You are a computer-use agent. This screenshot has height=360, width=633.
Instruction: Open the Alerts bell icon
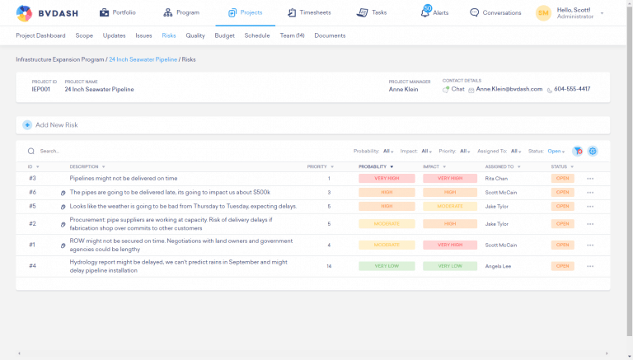(425, 12)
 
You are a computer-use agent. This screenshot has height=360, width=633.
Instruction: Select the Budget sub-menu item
(224, 35)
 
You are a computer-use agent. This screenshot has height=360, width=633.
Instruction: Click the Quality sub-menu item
(195, 35)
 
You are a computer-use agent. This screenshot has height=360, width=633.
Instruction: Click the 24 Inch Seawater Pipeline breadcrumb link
(143, 59)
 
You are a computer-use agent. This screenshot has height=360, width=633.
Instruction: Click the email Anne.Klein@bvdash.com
(509, 89)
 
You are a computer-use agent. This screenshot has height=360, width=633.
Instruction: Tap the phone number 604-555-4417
(571, 89)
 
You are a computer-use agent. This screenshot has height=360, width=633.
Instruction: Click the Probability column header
(373, 166)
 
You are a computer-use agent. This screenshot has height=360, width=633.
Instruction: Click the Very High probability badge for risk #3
(387, 178)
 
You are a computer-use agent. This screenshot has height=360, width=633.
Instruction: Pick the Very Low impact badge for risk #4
(450, 266)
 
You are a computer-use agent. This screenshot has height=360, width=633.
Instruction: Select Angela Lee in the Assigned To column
(498, 266)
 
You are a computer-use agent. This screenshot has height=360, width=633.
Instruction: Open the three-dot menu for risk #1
(590, 245)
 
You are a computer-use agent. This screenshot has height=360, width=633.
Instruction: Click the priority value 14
(329, 266)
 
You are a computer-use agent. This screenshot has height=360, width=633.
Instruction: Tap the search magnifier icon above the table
(31, 151)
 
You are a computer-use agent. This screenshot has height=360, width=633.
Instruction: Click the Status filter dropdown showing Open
(556, 151)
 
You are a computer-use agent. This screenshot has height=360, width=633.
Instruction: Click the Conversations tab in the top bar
(495, 13)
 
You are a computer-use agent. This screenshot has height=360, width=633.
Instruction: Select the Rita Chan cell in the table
(496, 178)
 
